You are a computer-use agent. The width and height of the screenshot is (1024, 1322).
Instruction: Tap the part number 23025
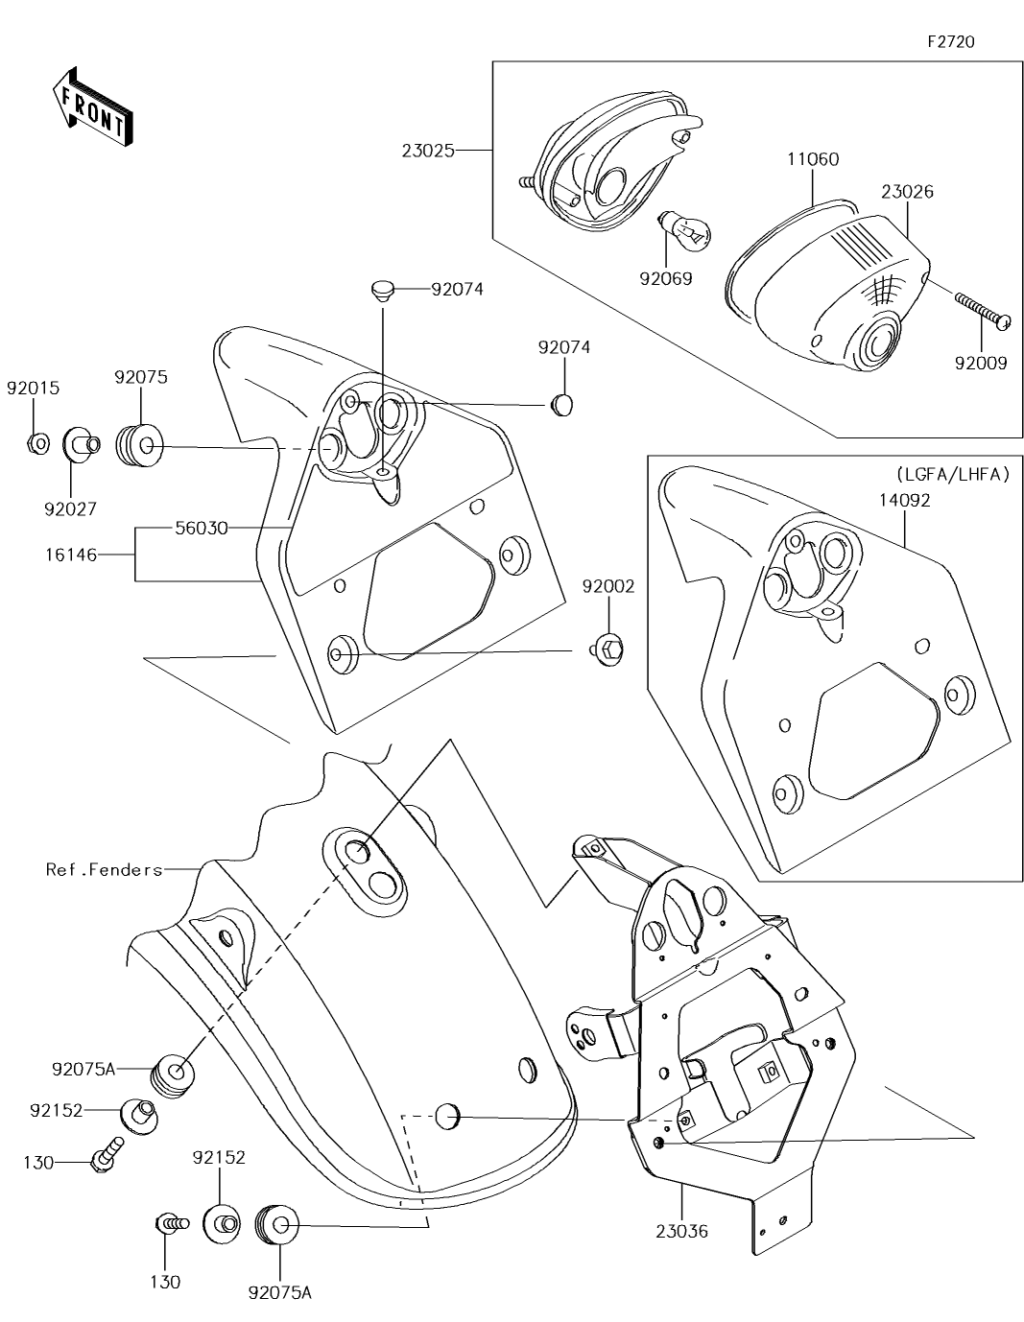point(428,150)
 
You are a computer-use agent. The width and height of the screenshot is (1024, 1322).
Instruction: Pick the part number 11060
point(813,159)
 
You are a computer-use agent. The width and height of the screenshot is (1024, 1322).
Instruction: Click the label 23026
point(907,192)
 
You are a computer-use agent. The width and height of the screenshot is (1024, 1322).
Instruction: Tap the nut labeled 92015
point(37,443)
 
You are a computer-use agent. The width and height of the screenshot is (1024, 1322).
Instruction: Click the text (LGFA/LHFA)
point(953,474)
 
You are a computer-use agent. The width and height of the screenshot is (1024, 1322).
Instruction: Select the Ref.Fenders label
point(105,869)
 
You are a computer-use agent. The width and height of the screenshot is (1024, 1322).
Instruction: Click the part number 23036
point(682,1231)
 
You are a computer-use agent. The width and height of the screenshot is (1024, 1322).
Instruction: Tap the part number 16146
point(71,555)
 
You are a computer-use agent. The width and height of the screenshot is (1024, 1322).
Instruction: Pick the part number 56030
point(202,528)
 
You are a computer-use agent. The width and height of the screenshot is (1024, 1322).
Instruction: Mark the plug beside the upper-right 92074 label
point(562,406)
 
